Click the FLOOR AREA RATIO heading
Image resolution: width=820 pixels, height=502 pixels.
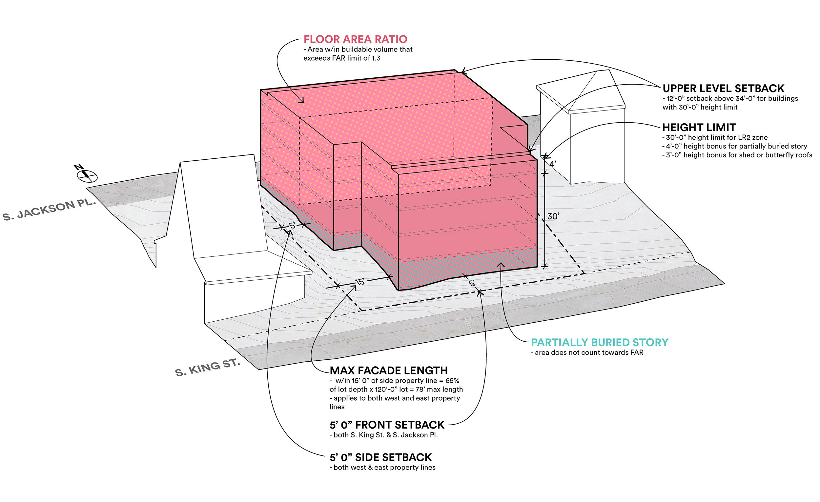click(355, 39)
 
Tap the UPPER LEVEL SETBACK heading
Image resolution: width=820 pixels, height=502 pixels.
click(723, 89)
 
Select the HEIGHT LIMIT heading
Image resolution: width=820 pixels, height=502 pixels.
click(699, 128)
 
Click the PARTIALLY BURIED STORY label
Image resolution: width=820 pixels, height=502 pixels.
click(599, 342)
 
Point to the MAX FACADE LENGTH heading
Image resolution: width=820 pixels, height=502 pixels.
click(388, 371)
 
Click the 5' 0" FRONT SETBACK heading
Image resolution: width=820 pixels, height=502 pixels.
click(387, 425)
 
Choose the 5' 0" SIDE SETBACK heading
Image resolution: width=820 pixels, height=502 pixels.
click(380, 457)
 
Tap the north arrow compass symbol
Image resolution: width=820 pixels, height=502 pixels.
click(87, 175)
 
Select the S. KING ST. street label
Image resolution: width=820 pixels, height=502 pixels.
click(207, 368)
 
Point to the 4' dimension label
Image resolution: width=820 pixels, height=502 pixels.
click(552, 164)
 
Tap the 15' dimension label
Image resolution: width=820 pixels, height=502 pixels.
click(360, 282)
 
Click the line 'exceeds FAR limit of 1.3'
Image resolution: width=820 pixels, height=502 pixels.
click(342, 58)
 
